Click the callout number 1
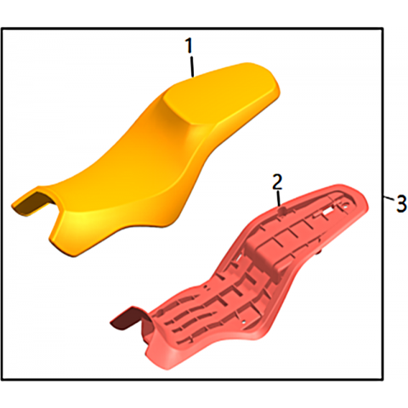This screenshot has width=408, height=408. pyautogui.click(x=189, y=46)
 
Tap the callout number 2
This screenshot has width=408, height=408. pyautogui.click(x=277, y=182)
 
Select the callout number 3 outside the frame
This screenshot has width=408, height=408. pyautogui.click(x=401, y=204)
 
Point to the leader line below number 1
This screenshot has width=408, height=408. pyautogui.click(x=192, y=66)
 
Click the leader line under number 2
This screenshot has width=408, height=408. pyautogui.click(x=279, y=199)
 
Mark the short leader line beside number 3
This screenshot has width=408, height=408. pyautogui.click(x=389, y=198)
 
